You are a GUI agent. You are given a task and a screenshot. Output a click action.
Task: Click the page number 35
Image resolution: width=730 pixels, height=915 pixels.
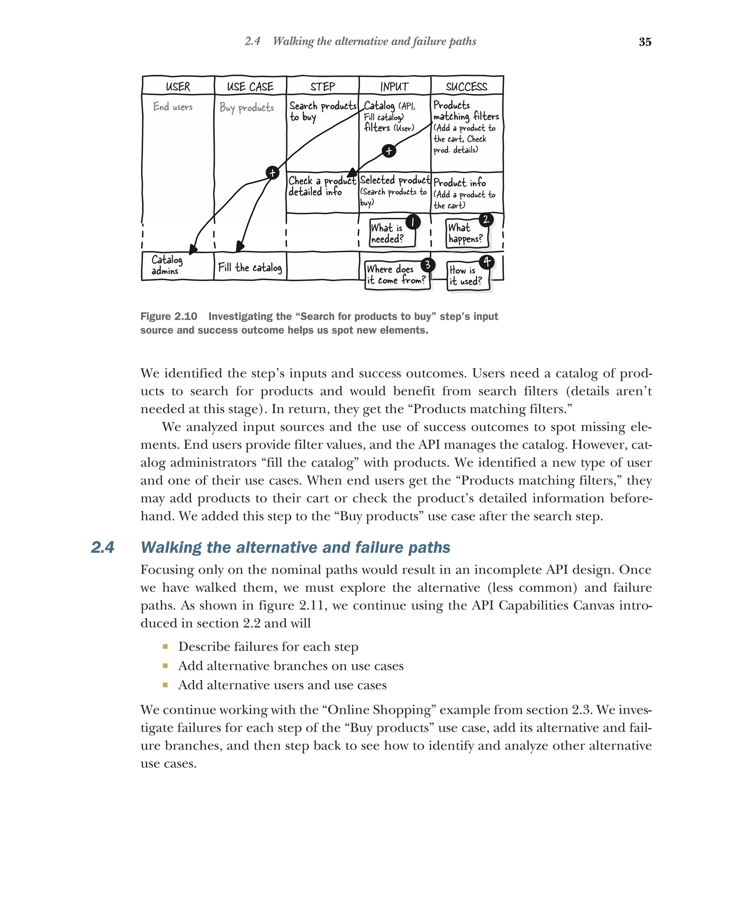tap(645, 42)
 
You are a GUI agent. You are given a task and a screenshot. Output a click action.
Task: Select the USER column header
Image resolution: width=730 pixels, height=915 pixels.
tap(178, 87)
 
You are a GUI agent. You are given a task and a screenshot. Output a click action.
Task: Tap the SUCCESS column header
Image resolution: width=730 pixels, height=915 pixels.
tap(466, 87)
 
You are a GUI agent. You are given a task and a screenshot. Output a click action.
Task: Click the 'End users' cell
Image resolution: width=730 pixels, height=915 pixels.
tap(173, 106)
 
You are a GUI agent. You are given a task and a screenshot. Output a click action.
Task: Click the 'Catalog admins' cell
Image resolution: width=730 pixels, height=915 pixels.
tap(166, 265)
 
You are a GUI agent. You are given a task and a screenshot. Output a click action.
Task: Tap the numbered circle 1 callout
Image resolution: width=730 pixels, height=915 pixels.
tap(412, 222)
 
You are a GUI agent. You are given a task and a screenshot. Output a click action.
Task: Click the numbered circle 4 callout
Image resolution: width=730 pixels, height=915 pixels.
tap(487, 262)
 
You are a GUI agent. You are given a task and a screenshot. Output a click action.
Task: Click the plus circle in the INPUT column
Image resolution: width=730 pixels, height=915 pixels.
tap(389, 151)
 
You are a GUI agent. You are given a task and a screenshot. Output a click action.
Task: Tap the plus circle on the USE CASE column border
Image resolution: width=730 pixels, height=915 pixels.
tap(272, 173)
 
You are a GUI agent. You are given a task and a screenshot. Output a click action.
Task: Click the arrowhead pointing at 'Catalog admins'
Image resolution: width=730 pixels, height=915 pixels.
tap(193, 250)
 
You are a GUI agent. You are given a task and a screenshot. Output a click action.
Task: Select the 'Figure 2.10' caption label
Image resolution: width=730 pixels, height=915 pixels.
tap(169, 316)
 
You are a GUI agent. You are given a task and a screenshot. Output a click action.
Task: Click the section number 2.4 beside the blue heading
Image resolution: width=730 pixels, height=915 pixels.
tap(102, 547)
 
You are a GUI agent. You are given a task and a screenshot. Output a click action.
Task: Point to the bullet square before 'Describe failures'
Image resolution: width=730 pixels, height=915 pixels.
tap(165, 647)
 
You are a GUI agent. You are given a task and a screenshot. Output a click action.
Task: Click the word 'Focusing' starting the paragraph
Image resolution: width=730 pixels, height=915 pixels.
tap(167, 570)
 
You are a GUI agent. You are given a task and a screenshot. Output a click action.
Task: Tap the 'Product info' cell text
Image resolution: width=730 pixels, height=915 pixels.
tap(459, 182)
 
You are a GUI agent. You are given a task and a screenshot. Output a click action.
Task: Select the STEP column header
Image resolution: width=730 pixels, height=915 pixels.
tap(322, 87)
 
